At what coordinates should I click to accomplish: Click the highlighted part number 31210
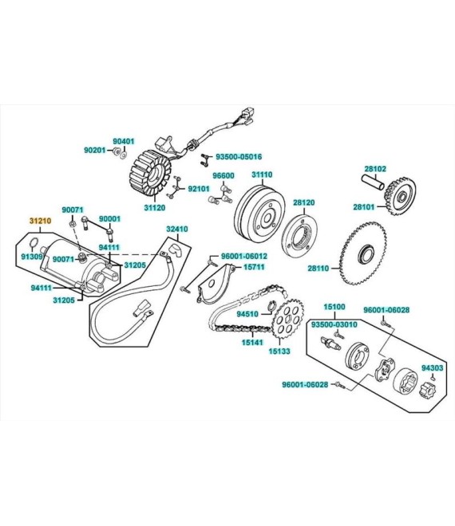[x=40, y=221]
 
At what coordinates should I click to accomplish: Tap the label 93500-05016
[x=239, y=157]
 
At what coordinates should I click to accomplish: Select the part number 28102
[x=375, y=169]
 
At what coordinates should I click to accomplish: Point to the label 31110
[x=262, y=175]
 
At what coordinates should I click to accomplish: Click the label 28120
[x=304, y=202]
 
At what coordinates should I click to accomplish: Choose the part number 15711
[x=254, y=267]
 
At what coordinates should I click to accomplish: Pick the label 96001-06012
[x=244, y=257]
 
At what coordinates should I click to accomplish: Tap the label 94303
[x=433, y=368]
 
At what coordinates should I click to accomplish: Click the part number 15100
[x=334, y=307]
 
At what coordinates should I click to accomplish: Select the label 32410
[x=177, y=229]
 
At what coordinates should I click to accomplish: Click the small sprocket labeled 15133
[x=288, y=318]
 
